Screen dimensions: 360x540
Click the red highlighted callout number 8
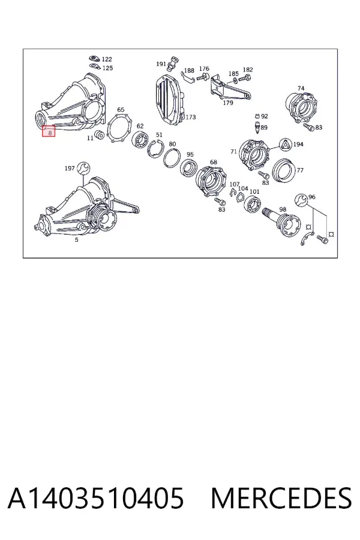point(49,131)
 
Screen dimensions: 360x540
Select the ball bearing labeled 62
point(140,141)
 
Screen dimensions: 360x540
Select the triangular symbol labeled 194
point(286,145)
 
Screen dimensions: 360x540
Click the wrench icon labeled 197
point(83,168)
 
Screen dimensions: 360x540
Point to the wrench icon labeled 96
point(301,199)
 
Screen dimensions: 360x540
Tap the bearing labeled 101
point(252,205)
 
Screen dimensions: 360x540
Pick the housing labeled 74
point(301,107)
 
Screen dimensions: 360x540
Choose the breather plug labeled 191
point(172,64)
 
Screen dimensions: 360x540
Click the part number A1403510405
point(96,499)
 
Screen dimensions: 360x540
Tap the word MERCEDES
point(281,499)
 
